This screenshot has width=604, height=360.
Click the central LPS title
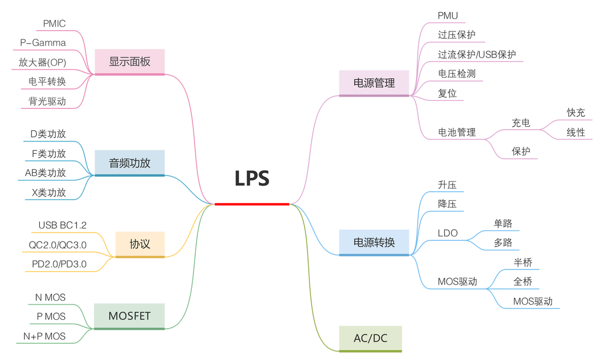coord(252,178)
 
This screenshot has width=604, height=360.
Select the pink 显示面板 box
coord(129,62)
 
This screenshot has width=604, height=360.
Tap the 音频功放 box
coord(129,163)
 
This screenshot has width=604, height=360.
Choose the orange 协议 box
coord(140,244)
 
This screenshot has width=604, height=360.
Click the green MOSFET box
coord(129,316)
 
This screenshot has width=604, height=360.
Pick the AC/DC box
coord(370,339)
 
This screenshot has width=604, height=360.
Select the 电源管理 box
coord(374,83)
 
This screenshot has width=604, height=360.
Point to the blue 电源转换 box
coord(374,243)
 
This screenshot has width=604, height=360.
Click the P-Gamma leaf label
coord(43,42)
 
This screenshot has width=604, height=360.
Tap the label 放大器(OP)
coord(43,63)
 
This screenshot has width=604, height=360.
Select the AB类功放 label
coord(45,173)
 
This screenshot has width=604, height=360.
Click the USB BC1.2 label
coord(63,225)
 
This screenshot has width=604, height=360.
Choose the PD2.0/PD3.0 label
coord(59,264)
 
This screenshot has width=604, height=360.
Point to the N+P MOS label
coord(44,336)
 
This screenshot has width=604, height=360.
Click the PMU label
coord(447,16)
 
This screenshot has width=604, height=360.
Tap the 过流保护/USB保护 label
coord(477,54)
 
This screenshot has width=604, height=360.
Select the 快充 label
coord(576,113)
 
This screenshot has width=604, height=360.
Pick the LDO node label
coord(447,233)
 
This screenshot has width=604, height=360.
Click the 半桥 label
coord(523,263)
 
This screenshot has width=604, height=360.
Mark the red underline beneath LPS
coord(252,204)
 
